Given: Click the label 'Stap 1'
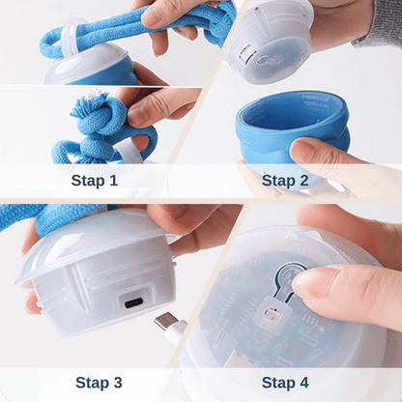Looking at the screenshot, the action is coord(95,181).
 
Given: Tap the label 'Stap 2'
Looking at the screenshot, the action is coord(285,181).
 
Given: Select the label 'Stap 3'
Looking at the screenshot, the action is coord(99,383).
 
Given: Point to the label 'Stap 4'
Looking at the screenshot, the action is coord(285,383).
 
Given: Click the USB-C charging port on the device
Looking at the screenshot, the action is coord(133,303).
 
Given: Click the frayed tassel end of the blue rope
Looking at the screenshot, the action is coord(89,104).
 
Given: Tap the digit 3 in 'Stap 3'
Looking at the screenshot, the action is coord(117,383).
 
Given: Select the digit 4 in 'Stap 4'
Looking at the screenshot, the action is coord(303,383).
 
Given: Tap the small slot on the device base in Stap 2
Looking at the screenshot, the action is coord(244,53).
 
